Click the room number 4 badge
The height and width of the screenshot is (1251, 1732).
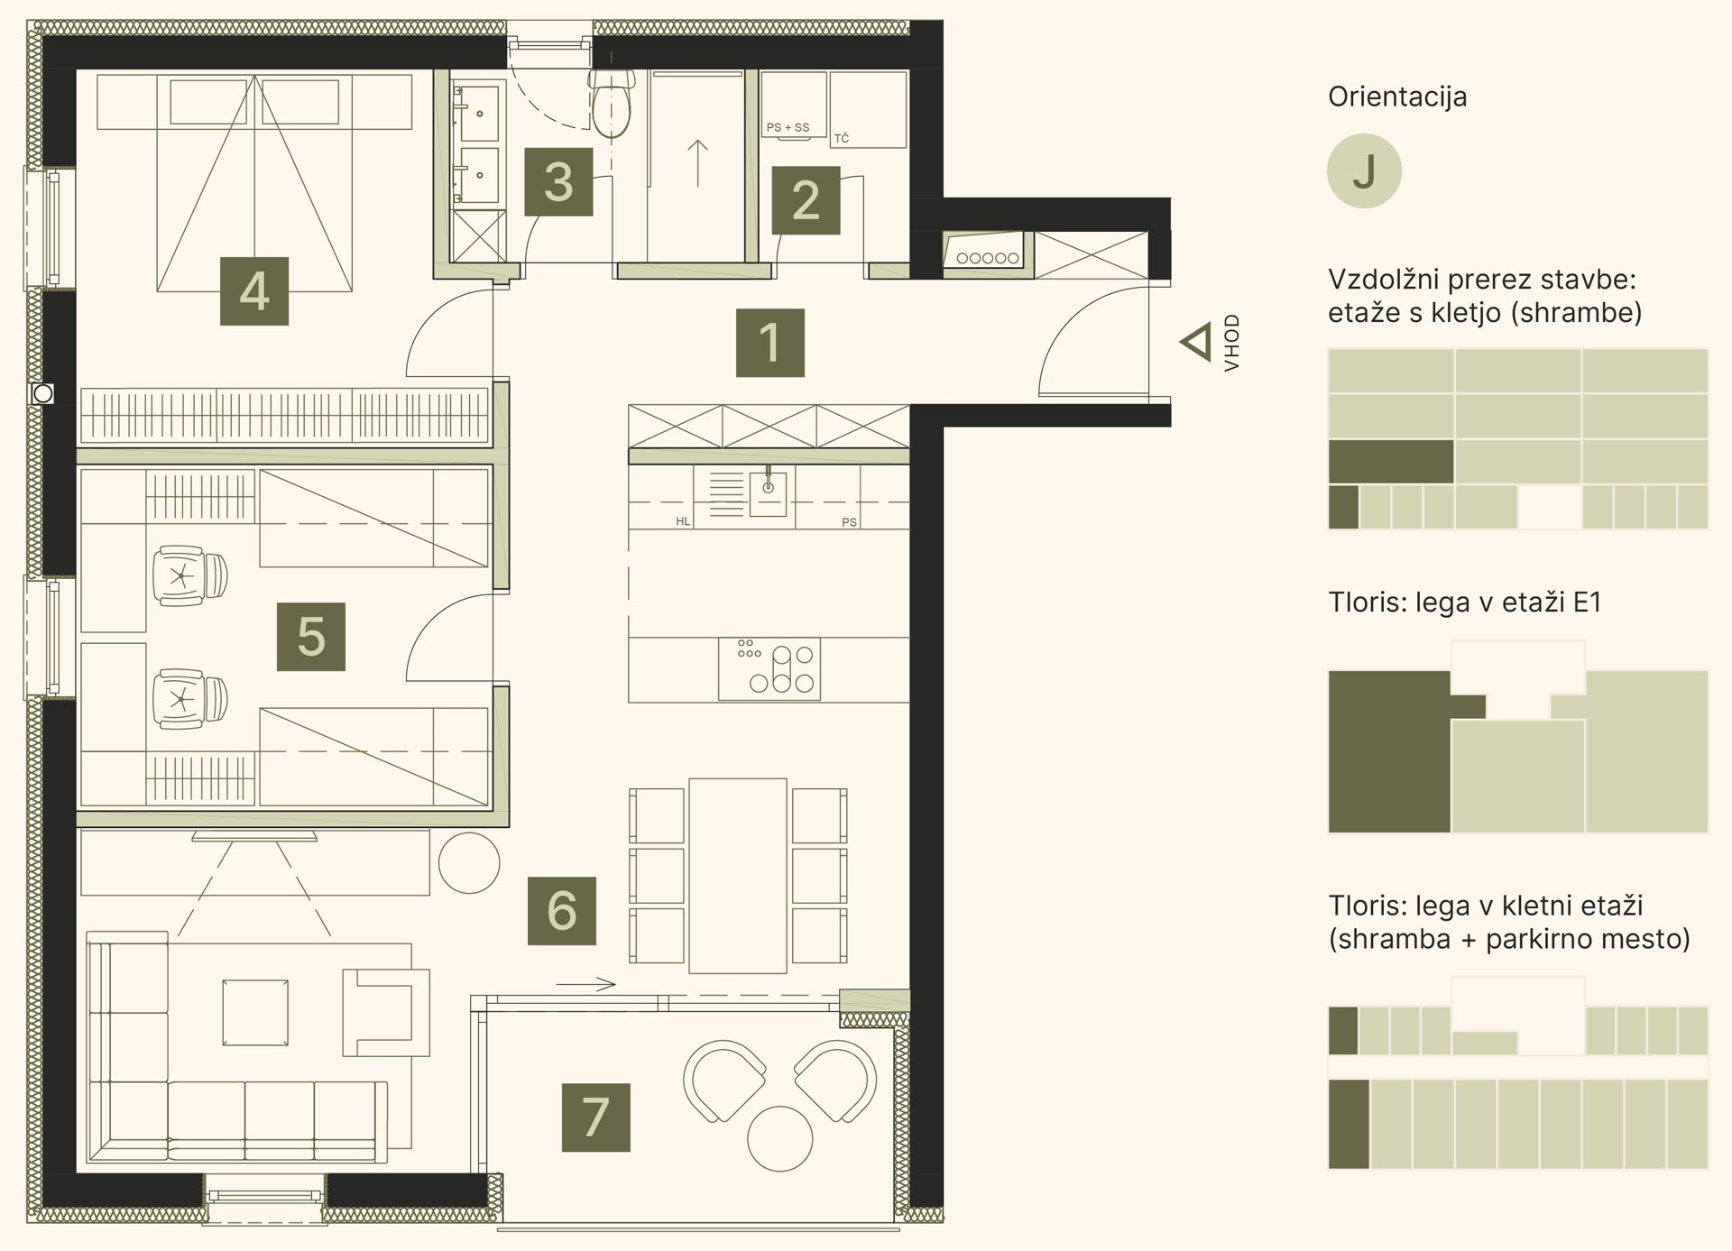pyautogui.click(x=254, y=291)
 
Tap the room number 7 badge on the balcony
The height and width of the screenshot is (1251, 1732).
pyautogui.click(x=595, y=1118)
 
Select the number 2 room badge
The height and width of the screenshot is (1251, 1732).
pyautogui.click(x=806, y=200)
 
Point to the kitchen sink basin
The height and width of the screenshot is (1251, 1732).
pyautogui.click(x=768, y=492)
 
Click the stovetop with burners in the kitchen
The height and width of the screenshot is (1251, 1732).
pyautogui.click(x=769, y=668)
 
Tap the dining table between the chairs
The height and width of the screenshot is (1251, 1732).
pyautogui.click(x=738, y=876)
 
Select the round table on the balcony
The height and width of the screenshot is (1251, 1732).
pyautogui.click(x=780, y=1138)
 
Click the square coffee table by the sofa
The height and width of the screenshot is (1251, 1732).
pyautogui.click(x=256, y=1012)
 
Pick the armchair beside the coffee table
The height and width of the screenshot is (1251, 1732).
pyautogui.click(x=386, y=1011)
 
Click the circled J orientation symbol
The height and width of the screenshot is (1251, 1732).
pyautogui.click(x=1364, y=171)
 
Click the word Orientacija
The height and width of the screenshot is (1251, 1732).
pyautogui.click(x=1397, y=97)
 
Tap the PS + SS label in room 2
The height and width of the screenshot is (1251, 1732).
pyautogui.click(x=788, y=127)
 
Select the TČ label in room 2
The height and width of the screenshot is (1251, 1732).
pyautogui.click(x=842, y=138)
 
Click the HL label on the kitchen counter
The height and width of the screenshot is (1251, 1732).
pyautogui.click(x=683, y=521)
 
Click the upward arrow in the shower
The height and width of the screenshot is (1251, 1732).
pyautogui.click(x=697, y=163)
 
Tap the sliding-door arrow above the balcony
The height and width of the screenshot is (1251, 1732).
pyautogui.click(x=585, y=984)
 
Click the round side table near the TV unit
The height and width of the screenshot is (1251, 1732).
pyautogui.click(x=469, y=863)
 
